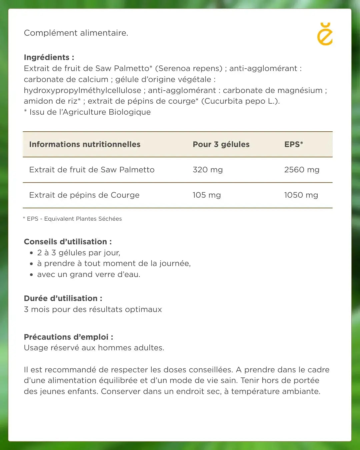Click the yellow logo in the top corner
point(325,34)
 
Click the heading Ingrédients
point(49,57)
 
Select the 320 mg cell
point(208,170)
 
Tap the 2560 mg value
point(302,170)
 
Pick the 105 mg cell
point(207,195)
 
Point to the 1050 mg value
point(301,195)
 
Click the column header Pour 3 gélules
point(221,144)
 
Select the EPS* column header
point(294,144)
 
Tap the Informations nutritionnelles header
point(85,144)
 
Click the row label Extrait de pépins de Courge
point(84,195)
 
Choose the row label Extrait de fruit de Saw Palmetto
point(92,170)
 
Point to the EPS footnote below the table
point(72,219)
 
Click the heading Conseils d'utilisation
point(68,242)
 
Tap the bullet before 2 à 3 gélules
point(31,253)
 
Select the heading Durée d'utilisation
point(63,298)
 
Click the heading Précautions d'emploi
point(68,337)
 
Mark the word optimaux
point(143,309)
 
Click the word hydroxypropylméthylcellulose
point(82,90)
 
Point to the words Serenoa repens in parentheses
point(189,68)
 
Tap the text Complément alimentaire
point(76,33)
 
